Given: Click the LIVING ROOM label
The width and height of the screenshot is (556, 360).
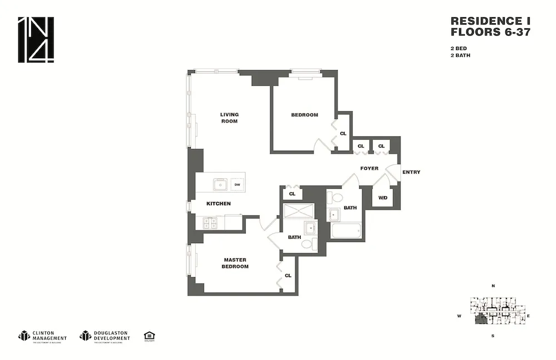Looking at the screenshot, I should [x=229, y=118].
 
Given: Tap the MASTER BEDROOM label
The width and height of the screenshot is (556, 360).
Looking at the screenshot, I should [x=235, y=263].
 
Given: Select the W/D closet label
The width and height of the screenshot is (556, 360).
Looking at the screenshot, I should [x=383, y=198].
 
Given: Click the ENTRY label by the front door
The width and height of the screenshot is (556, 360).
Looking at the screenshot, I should [x=411, y=172].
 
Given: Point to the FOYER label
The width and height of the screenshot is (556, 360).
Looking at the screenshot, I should [x=369, y=168].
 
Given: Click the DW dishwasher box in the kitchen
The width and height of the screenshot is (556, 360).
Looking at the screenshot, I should [x=237, y=185].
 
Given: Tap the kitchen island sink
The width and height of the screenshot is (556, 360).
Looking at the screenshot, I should [x=220, y=184].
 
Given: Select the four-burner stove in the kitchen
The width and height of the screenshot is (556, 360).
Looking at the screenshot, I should [x=210, y=223].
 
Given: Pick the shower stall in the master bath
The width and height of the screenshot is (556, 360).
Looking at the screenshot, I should [x=299, y=211].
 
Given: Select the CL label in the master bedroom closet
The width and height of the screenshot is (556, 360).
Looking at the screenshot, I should [x=288, y=275].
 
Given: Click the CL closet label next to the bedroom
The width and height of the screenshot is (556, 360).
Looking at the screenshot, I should [x=343, y=134].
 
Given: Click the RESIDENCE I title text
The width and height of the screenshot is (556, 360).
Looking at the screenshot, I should [x=490, y=21].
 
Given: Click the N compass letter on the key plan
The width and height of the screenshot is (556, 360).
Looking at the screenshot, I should [x=493, y=286].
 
